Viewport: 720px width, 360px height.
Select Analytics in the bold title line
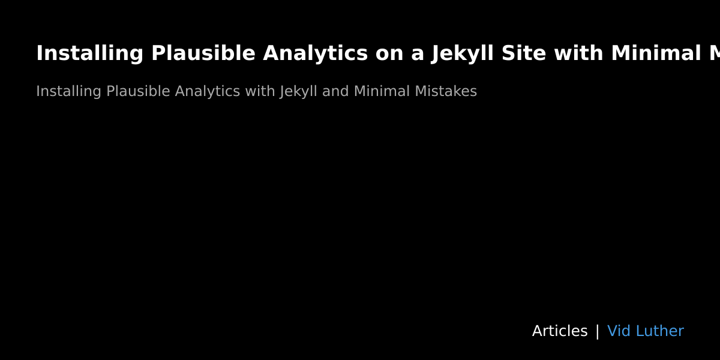click(315, 53)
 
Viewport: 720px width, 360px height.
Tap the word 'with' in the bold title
click(578, 53)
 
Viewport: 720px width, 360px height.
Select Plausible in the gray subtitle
click(138, 92)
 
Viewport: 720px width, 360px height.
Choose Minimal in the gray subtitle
click(381, 92)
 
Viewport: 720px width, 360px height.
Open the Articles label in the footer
click(559, 331)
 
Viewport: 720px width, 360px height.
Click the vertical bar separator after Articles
click(597, 331)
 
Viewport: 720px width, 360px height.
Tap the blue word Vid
click(619, 331)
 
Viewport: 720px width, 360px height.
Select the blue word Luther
click(659, 331)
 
